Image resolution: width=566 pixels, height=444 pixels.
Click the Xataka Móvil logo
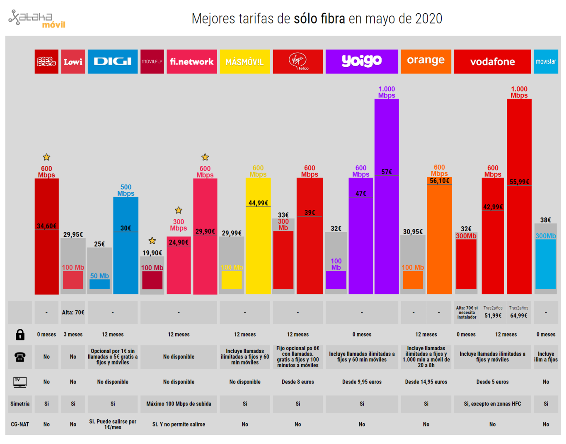[x=37, y=19]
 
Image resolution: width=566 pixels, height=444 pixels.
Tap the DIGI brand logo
[x=112, y=62]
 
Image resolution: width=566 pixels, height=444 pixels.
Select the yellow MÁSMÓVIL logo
[x=244, y=62]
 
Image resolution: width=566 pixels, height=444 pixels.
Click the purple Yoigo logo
[x=361, y=61]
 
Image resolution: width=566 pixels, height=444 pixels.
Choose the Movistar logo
[x=545, y=62]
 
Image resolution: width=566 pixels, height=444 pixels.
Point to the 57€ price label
[x=387, y=172]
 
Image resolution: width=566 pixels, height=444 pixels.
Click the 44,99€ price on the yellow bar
[x=258, y=203]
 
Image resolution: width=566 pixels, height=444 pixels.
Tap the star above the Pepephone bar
[x=46, y=157]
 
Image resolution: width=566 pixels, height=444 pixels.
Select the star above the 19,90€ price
[x=152, y=241]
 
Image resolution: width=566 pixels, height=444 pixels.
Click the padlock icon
[x=20, y=335]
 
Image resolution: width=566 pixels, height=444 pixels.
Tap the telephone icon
[x=20, y=357]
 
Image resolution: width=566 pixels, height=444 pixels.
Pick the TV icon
[x=20, y=382]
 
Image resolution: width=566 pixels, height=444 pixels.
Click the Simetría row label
[x=20, y=404]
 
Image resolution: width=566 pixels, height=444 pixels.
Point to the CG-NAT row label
[x=20, y=424]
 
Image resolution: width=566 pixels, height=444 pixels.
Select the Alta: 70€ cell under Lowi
[x=73, y=313]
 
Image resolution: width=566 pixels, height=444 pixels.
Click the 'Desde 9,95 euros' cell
[x=361, y=382]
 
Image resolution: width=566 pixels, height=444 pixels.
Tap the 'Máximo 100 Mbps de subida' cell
[x=179, y=404]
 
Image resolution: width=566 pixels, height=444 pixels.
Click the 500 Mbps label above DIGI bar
[x=126, y=190]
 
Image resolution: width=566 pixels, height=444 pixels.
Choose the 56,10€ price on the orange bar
[x=439, y=181]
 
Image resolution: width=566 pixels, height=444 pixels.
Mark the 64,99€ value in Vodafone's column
[x=518, y=315]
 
